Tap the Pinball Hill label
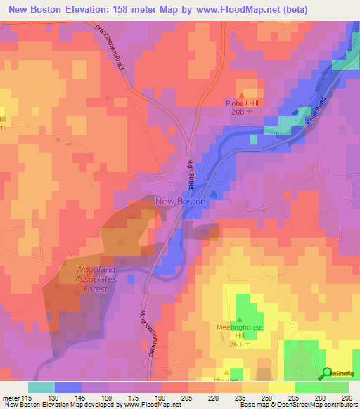[243, 103]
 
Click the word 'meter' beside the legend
[11, 398]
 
